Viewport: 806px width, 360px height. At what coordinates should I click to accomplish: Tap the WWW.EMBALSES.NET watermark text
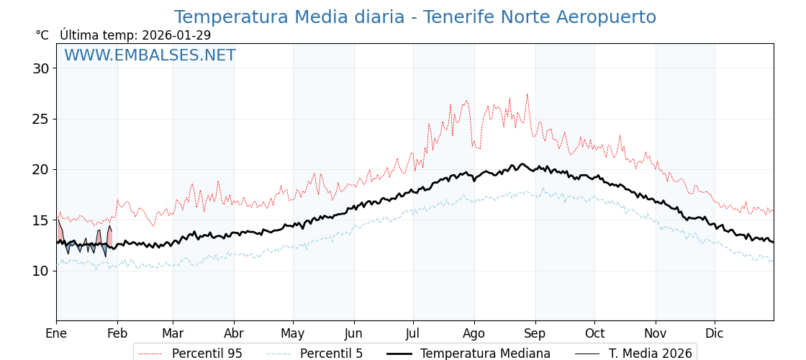click(150, 55)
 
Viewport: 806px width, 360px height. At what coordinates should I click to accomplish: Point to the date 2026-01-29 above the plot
click(176, 35)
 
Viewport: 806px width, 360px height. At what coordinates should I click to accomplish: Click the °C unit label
click(42, 35)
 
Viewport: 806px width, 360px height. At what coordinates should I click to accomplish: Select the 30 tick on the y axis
click(40, 68)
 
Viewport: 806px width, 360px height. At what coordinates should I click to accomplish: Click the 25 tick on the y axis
click(40, 119)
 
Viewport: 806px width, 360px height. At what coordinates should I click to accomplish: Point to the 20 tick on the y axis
click(40, 169)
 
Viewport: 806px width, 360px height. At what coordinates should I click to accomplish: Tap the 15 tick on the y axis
click(40, 220)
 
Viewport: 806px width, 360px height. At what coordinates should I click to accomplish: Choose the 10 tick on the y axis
click(40, 271)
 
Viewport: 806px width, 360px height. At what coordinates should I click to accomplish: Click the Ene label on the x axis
click(56, 333)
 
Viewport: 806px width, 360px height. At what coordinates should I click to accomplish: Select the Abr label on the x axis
click(234, 333)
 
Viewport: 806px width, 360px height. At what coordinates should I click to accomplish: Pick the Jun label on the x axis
click(353, 333)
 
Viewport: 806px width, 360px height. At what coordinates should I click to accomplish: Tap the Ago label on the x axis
click(474, 333)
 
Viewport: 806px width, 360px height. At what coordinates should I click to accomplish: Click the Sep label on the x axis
click(535, 333)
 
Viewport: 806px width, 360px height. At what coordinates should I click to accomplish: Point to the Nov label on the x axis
click(656, 333)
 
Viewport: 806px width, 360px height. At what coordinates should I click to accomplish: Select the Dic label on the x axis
click(715, 333)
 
